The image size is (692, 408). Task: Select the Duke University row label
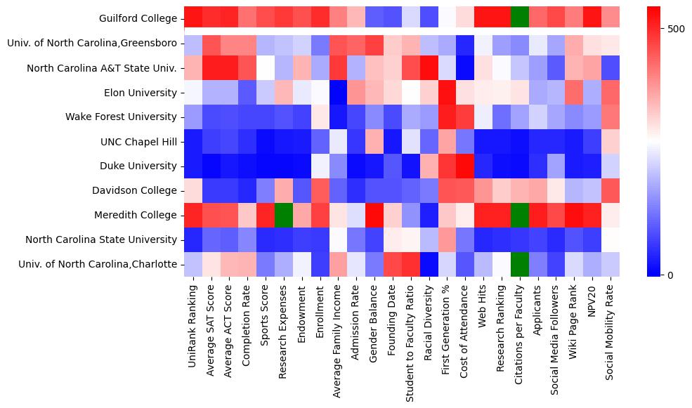point(138,166)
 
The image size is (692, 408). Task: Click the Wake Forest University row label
point(126,117)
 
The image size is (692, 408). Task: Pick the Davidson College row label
point(135,190)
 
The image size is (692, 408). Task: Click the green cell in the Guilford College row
point(521,18)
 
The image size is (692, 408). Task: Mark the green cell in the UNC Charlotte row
point(521,264)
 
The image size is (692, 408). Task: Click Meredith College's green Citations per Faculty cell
point(521,215)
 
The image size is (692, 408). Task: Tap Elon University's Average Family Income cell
point(338,92)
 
